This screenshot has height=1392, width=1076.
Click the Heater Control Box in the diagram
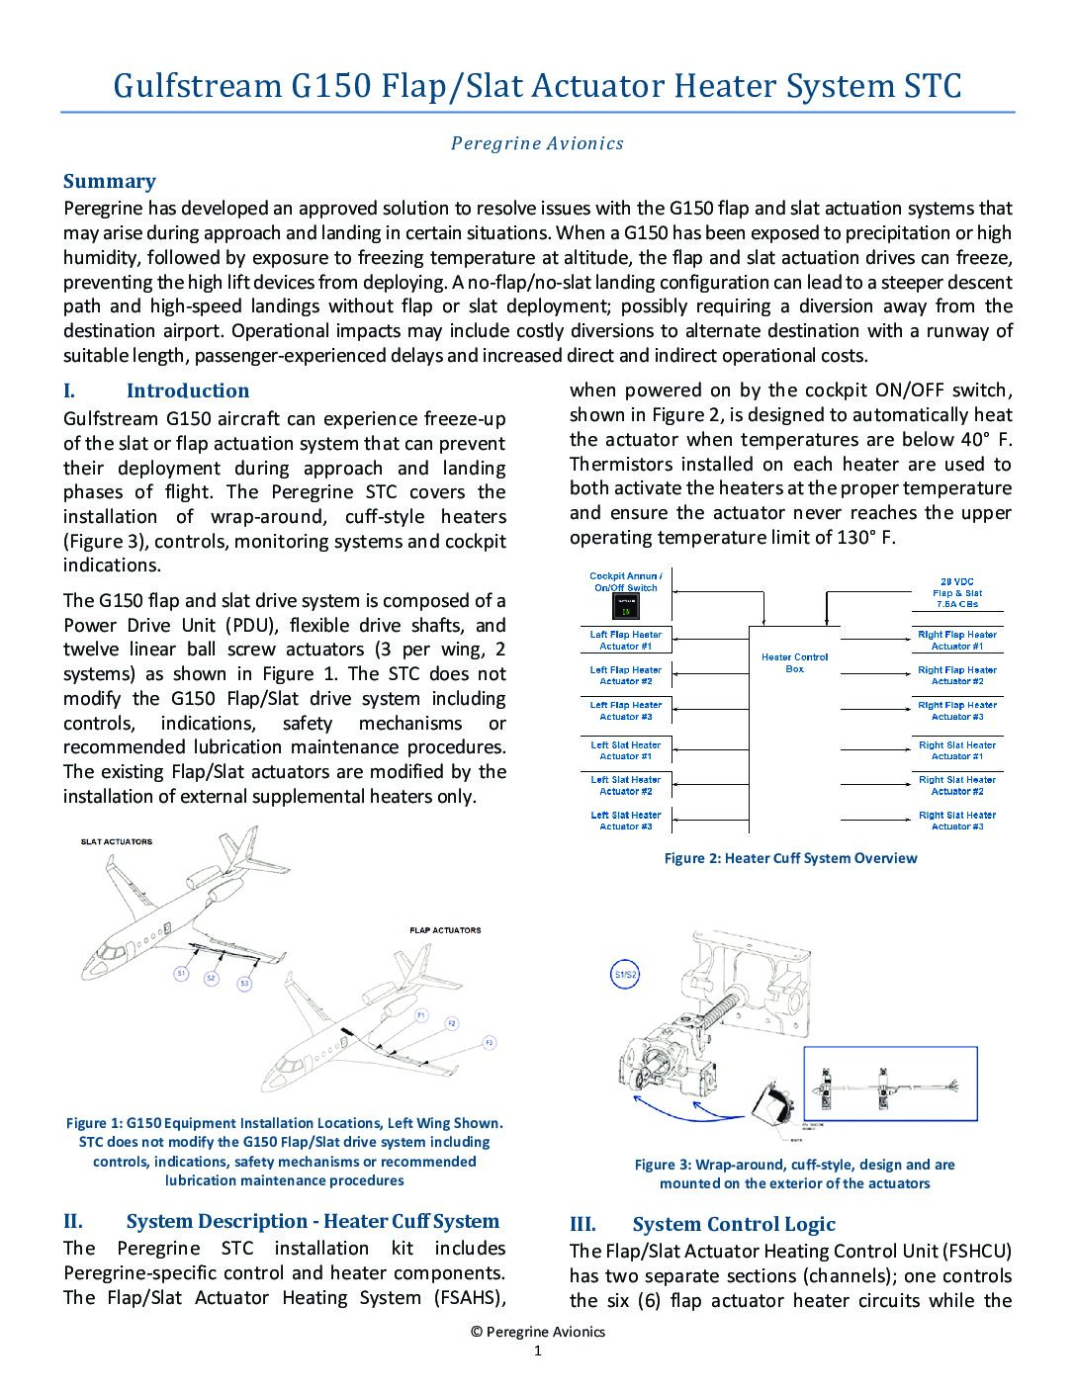[795, 662]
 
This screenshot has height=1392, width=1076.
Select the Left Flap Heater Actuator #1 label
[625, 640]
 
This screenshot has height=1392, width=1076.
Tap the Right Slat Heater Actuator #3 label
[957, 821]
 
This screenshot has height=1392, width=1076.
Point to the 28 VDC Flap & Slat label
[957, 592]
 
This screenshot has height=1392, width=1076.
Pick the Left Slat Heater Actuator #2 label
[625, 785]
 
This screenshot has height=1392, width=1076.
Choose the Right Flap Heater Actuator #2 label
[957, 675]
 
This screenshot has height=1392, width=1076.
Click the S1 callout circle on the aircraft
[181, 974]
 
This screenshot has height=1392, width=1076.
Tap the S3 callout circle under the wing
[244, 984]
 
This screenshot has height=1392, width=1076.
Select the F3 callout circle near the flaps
[489, 1043]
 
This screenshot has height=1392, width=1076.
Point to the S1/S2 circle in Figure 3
[625, 975]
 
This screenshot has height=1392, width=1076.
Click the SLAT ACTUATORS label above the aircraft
[117, 842]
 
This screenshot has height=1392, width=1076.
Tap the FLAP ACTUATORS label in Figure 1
[445, 930]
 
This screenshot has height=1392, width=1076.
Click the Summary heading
[110, 181]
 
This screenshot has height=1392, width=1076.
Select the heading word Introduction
[188, 391]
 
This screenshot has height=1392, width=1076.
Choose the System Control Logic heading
[734, 1224]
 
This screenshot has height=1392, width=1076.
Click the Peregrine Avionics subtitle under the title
[537, 143]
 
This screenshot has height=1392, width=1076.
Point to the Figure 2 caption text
[790, 858]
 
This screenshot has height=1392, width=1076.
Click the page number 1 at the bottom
[538, 1351]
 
